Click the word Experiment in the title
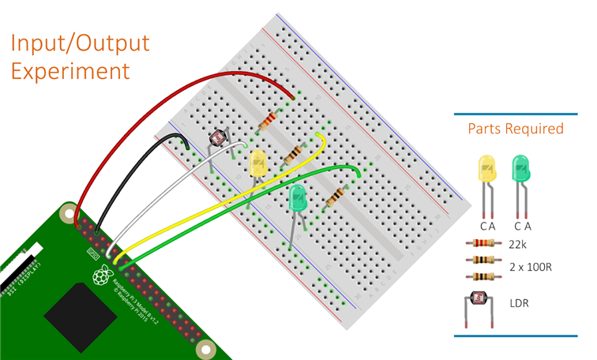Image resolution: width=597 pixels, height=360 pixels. (70, 70)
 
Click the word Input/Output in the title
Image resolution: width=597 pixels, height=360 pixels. (81, 42)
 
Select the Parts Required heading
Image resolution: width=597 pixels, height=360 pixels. (515, 128)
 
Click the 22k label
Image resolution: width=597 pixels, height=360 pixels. (518, 245)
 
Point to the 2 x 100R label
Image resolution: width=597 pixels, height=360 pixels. (530, 268)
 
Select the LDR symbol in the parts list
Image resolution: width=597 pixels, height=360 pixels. (479, 300)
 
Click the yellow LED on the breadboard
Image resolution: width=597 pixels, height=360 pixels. (258, 163)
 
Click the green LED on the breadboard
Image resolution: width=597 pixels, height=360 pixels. (298, 197)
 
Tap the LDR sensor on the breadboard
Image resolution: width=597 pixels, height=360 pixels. (216, 139)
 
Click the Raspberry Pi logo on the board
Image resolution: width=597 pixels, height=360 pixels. (101, 276)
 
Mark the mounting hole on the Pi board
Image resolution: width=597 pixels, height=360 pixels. (205, 348)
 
